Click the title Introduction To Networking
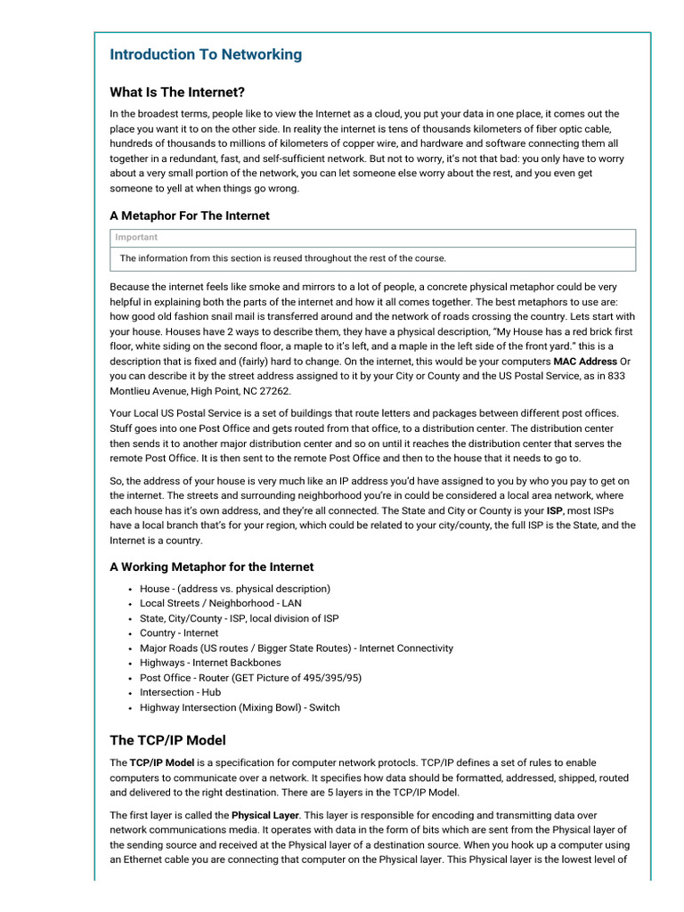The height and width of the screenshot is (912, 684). (x=206, y=54)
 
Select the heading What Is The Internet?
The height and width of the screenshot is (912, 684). (x=177, y=92)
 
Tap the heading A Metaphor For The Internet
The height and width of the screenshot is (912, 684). (x=190, y=216)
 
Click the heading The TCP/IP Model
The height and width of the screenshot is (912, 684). (x=167, y=740)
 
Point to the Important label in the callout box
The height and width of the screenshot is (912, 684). (x=136, y=237)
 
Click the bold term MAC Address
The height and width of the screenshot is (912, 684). (x=585, y=362)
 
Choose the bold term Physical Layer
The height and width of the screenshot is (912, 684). (x=265, y=815)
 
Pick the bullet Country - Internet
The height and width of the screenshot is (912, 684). (x=179, y=633)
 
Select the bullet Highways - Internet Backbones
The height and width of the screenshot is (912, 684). (x=210, y=663)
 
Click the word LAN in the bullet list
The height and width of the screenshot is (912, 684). (x=291, y=603)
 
